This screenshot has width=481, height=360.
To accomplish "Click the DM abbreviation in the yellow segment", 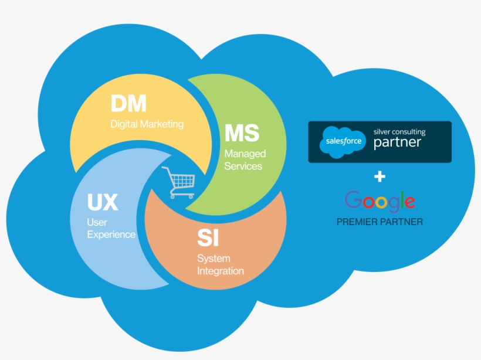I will click(128, 104).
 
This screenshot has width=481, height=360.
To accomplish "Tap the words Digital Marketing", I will click(147, 124).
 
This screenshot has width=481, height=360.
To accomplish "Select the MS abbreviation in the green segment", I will click(242, 133).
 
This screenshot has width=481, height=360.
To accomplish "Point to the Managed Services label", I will click(245, 159).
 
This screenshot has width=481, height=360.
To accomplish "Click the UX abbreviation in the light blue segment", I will click(103, 203).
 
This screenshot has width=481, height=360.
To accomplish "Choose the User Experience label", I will click(111, 229).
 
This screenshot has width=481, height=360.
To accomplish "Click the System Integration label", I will click(220, 264).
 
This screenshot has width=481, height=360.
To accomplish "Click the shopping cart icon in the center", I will click(178, 182).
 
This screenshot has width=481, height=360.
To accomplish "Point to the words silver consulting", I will click(399, 132).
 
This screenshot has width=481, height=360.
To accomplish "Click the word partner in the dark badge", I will click(397, 143).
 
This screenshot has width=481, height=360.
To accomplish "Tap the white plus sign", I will click(380, 176).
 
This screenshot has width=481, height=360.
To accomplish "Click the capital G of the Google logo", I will click(353, 201).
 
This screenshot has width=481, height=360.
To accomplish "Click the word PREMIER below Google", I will click(358, 222).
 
